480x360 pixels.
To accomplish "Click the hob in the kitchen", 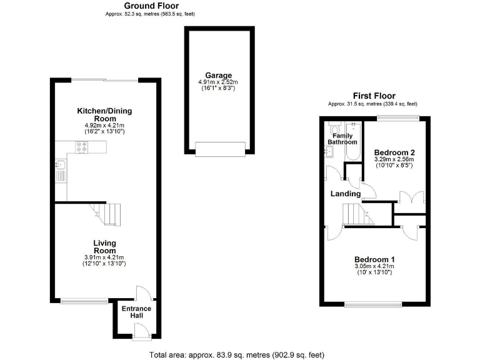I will click(x=82, y=147).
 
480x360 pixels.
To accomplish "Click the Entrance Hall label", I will click(x=136, y=312).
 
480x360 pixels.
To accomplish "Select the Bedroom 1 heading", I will click(x=375, y=259).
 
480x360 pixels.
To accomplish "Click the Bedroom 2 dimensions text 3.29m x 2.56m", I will click(x=394, y=159).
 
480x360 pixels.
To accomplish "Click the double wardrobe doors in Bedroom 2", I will click(x=409, y=197).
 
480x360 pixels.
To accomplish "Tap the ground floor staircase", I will click(x=103, y=214).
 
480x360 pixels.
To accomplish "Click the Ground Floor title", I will click(x=134, y=5).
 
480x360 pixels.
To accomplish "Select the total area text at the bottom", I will click(x=237, y=355).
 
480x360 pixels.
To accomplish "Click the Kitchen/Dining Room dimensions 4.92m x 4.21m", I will click(x=104, y=126).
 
